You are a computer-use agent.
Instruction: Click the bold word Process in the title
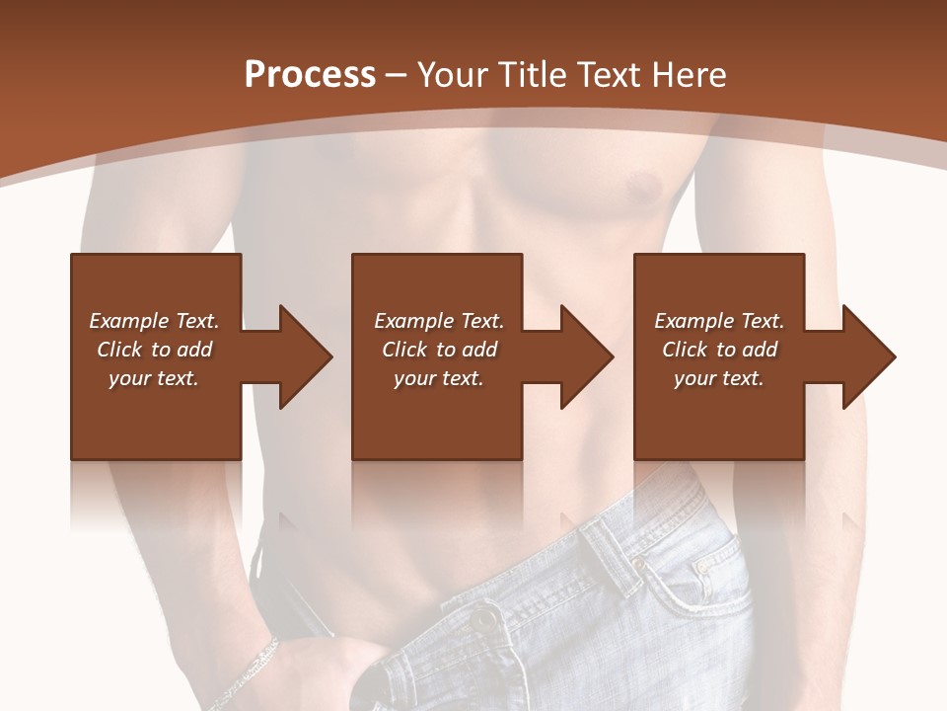point(310,75)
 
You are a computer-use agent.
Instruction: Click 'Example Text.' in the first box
point(154,321)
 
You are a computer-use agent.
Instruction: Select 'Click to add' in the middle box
point(439,350)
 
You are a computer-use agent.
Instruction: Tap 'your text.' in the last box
point(719,378)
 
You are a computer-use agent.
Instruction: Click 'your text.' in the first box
point(154,378)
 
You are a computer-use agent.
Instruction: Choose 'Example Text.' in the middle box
point(439,321)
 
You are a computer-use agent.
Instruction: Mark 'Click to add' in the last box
point(719,350)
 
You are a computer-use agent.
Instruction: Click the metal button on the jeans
point(483,621)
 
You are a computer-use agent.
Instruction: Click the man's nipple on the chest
point(643,184)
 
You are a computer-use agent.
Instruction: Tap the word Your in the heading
point(449,75)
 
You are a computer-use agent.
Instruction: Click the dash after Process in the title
point(397,75)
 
